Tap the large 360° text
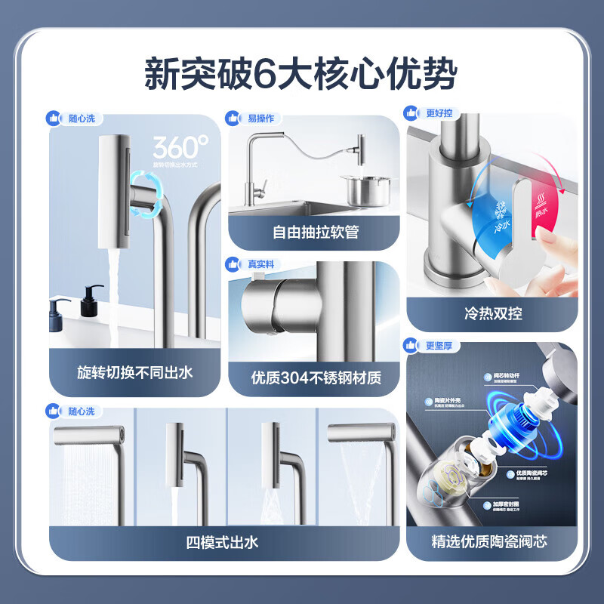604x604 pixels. [180, 146]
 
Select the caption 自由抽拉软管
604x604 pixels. [315, 232]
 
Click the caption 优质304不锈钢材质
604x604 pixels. [315, 377]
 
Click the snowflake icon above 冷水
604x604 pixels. [479, 205]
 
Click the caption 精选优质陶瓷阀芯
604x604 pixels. [492, 541]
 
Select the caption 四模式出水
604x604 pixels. [223, 541]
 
